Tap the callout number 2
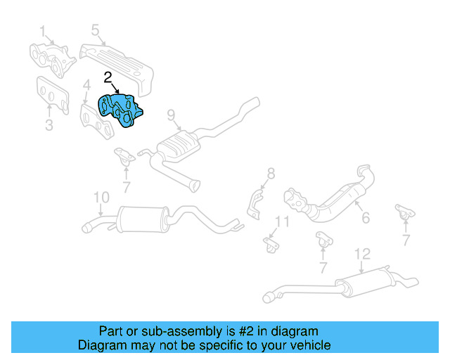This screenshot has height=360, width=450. click(x=108, y=77)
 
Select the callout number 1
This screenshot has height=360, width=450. click(x=42, y=32)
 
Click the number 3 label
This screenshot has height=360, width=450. click(x=49, y=126)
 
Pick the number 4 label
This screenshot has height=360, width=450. click(x=86, y=87)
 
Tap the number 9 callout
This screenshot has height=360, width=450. click(x=170, y=115)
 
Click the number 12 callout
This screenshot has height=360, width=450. click(x=361, y=253)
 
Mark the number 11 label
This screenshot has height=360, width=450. click(x=281, y=222)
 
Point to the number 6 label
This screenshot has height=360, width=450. click(x=365, y=219)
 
